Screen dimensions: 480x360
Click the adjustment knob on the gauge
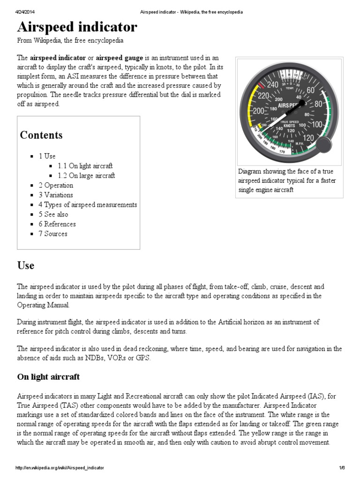coord(323,146)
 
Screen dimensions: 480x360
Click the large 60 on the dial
coord(310,90)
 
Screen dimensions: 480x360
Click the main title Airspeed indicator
coord(77,27)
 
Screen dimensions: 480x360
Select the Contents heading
coord(41,135)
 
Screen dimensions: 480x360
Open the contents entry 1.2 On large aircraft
coord(86,176)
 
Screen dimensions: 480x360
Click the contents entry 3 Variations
coord(56,195)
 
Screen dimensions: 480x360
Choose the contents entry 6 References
coord(57,224)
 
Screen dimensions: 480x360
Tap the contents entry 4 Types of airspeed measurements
coord(88,204)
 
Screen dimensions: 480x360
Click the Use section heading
coord(26,265)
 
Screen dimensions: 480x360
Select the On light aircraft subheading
coord(48,377)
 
